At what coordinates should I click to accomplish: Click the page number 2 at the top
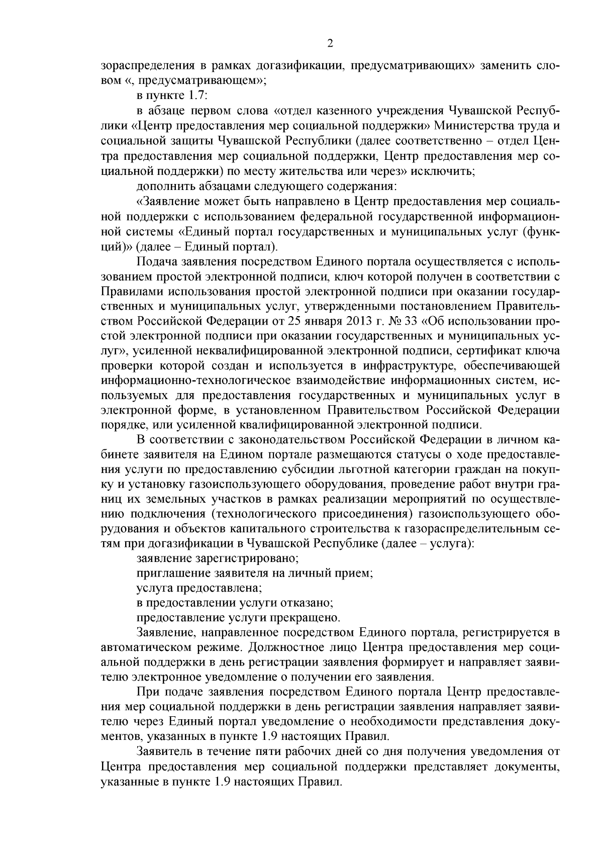(330, 43)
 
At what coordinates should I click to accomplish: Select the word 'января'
(336, 321)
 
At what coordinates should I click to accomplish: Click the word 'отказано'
(308, 602)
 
